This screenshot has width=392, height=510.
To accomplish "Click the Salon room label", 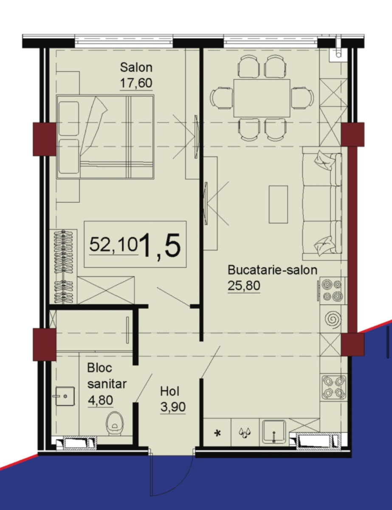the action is click(x=136, y=67).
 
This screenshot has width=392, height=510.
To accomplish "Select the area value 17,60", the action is click(x=136, y=83).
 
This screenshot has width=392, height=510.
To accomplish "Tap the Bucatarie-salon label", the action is click(x=272, y=270).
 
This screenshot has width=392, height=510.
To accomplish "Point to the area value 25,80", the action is click(x=244, y=286).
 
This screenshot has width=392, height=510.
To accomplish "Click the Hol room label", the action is click(x=170, y=392).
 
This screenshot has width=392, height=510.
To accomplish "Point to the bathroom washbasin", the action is click(x=65, y=396).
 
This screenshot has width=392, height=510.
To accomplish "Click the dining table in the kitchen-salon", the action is click(x=262, y=98).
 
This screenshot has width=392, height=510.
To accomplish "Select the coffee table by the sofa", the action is click(x=278, y=204).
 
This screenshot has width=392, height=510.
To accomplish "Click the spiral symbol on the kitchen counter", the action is click(x=333, y=319).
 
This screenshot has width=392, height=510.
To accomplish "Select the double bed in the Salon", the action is click(x=105, y=137).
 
